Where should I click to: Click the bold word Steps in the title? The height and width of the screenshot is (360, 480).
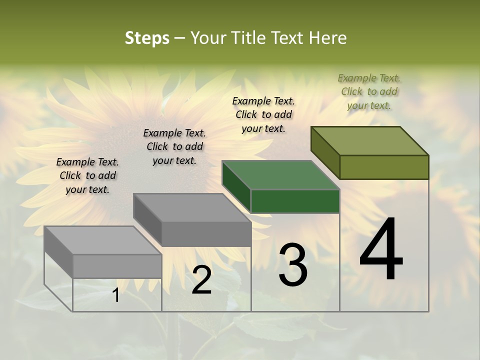tap(147, 38)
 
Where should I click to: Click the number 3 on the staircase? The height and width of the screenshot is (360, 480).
tap(293, 265)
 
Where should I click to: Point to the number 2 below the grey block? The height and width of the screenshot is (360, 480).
tap(201, 280)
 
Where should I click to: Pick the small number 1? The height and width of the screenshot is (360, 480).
tap(115, 295)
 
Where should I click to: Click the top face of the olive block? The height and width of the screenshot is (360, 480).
tap(370, 141)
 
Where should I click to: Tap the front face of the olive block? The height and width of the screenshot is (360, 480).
tap(384, 167)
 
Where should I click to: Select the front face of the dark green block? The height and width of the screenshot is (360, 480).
tap(295, 201)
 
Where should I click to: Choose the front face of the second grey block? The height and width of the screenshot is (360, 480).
tap(206, 234)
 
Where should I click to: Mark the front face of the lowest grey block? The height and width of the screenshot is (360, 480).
tap(117, 266)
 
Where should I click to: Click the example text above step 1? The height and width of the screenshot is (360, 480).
tap(87, 175)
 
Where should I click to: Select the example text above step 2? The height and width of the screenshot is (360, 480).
tap(174, 146)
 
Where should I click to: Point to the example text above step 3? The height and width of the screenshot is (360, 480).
tap(263, 114)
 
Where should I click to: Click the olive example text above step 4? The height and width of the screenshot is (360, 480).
tap(369, 91)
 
